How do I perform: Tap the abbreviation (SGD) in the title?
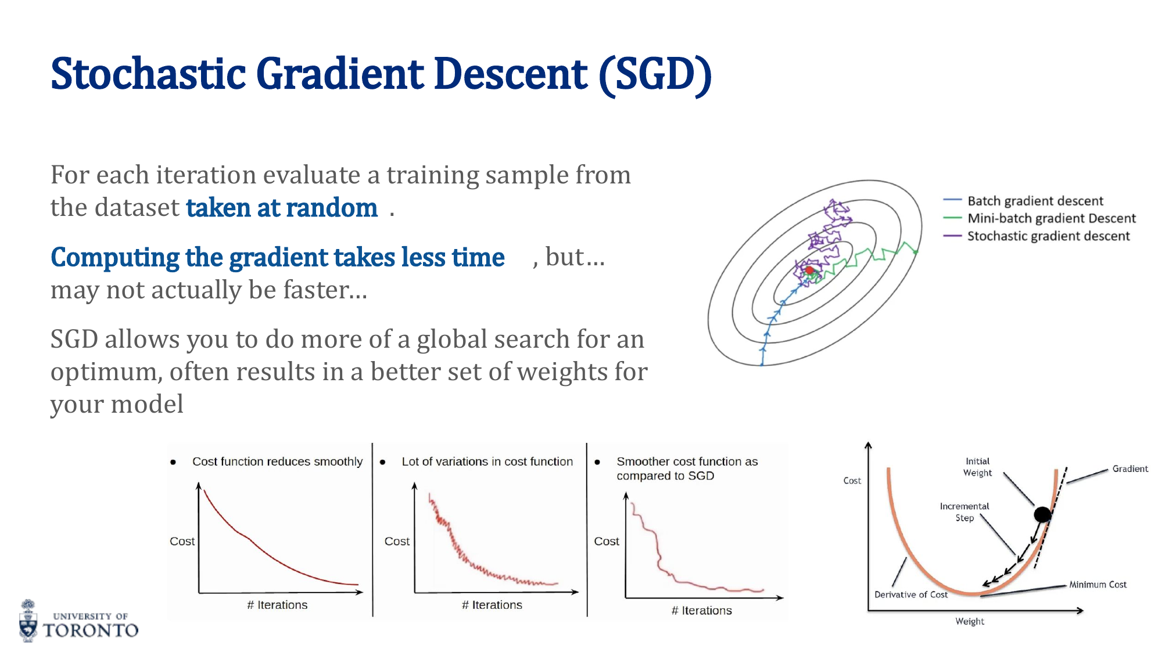655,74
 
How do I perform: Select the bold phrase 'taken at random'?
282,208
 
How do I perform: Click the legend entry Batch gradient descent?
1035,201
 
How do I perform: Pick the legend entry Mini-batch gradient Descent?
1051,218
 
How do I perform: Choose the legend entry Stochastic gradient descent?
1048,236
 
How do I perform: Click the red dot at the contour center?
809,270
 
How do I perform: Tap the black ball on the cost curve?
1042,514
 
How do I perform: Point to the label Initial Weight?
977,467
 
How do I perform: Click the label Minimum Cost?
1098,585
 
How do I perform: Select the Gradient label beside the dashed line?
1129,468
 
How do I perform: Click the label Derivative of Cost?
910,594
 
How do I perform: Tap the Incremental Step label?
964,512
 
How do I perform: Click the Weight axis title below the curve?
970,621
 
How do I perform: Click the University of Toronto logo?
79,622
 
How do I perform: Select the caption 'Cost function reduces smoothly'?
277,461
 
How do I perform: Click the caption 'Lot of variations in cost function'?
487,461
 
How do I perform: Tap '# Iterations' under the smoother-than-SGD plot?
701,610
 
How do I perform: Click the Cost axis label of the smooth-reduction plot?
182,541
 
